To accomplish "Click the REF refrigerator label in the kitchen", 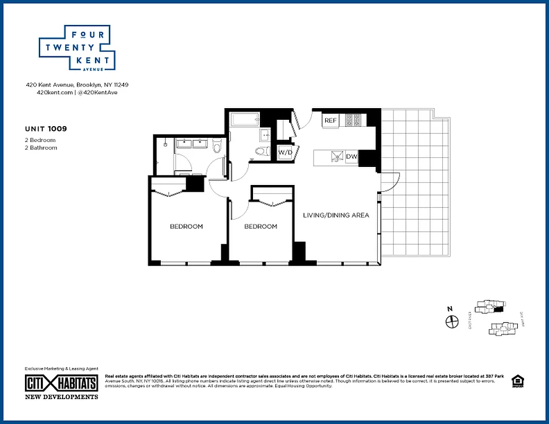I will click(x=330, y=121).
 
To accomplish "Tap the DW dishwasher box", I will click(x=352, y=157).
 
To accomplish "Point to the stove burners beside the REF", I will click(x=353, y=120).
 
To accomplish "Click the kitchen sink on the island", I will click(x=335, y=157).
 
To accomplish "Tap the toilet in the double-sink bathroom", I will click(x=216, y=146).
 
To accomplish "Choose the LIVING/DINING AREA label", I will click(x=336, y=215).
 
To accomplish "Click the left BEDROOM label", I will click(x=186, y=226).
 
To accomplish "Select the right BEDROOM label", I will click(x=260, y=226).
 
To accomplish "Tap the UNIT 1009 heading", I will click(x=46, y=128).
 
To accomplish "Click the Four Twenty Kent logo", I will click(x=77, y=48).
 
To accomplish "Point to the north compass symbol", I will click(x=451, y=321).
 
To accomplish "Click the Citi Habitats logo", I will click(x=62, y=383).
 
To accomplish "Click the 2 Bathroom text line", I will click(x=41, y=148).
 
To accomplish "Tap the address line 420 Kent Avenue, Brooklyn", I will click(x=77, y=85).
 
